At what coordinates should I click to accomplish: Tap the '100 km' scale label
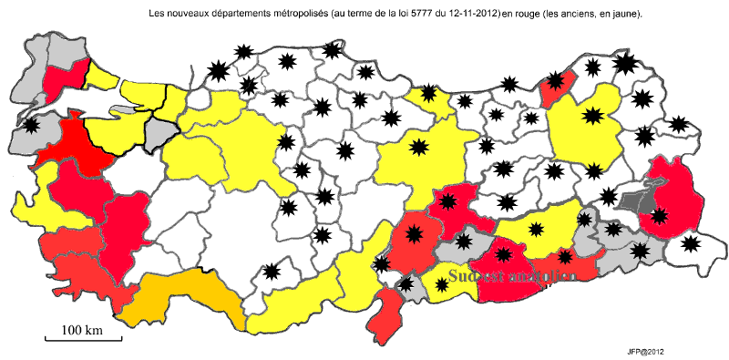(81, 328)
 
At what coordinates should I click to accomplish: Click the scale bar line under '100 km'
(83, 340)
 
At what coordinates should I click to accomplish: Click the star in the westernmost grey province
(32, 124)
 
